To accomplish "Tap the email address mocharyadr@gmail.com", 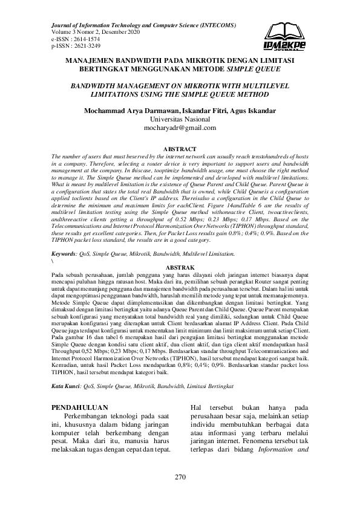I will (x=180, y=128).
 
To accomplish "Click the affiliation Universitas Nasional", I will (x=180, y=120).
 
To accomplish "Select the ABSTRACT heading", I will (x=180, y=149).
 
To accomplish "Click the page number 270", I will (x=180, y=477).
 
